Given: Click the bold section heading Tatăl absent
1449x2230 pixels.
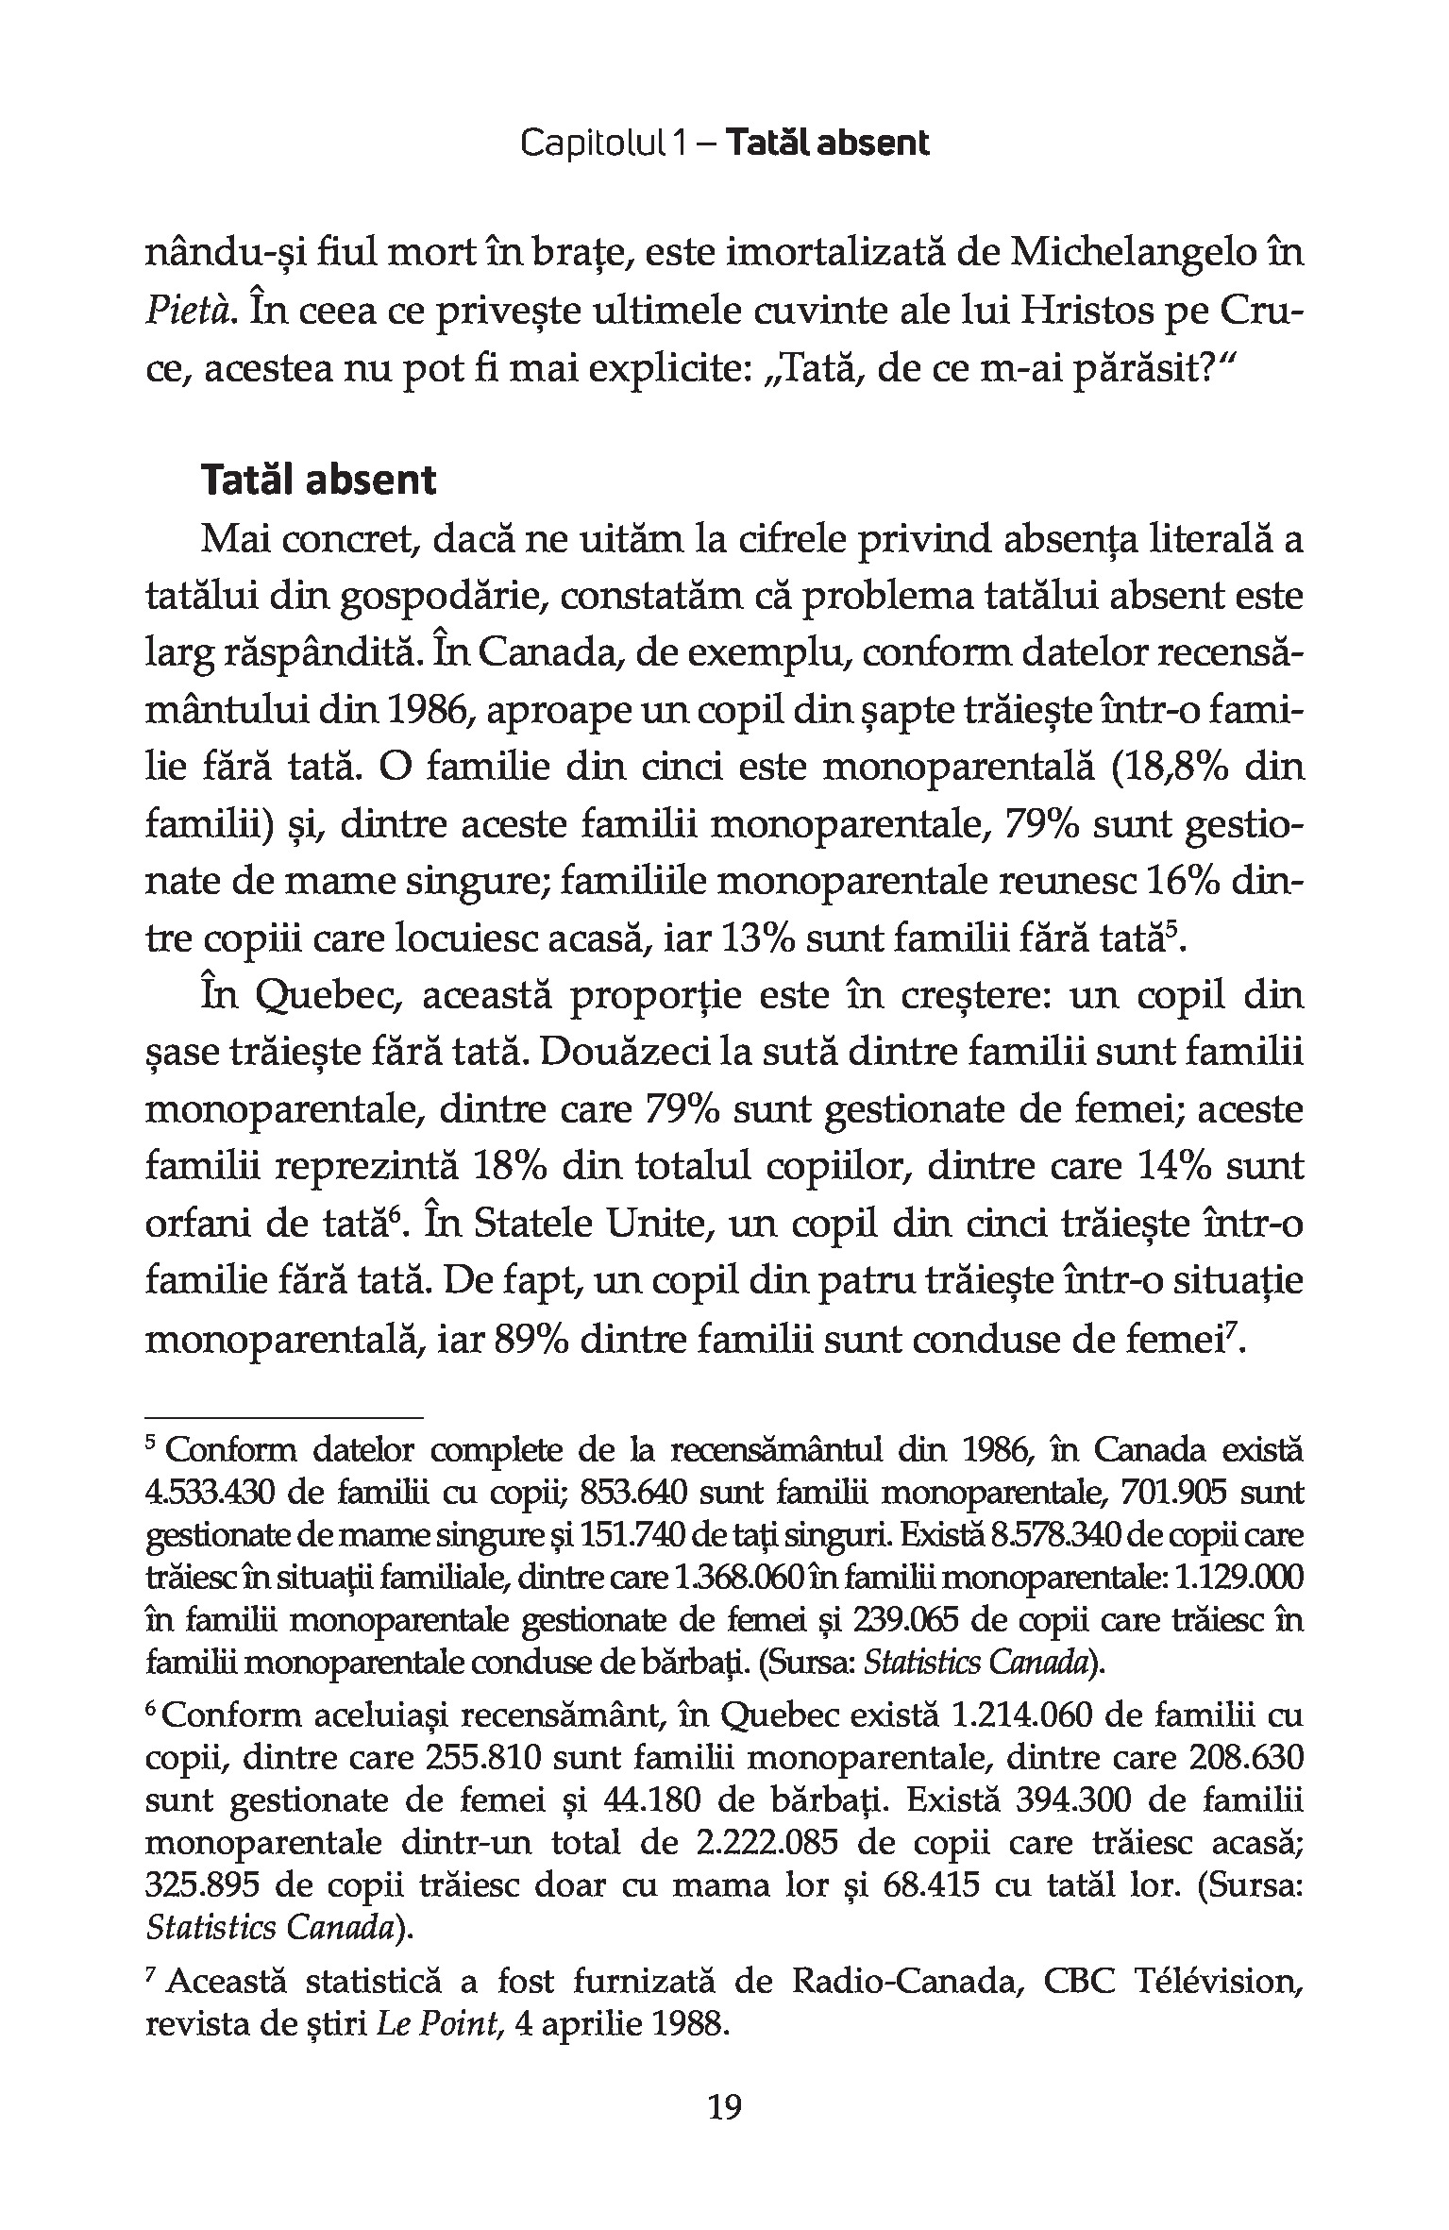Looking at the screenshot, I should point(318,481).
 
